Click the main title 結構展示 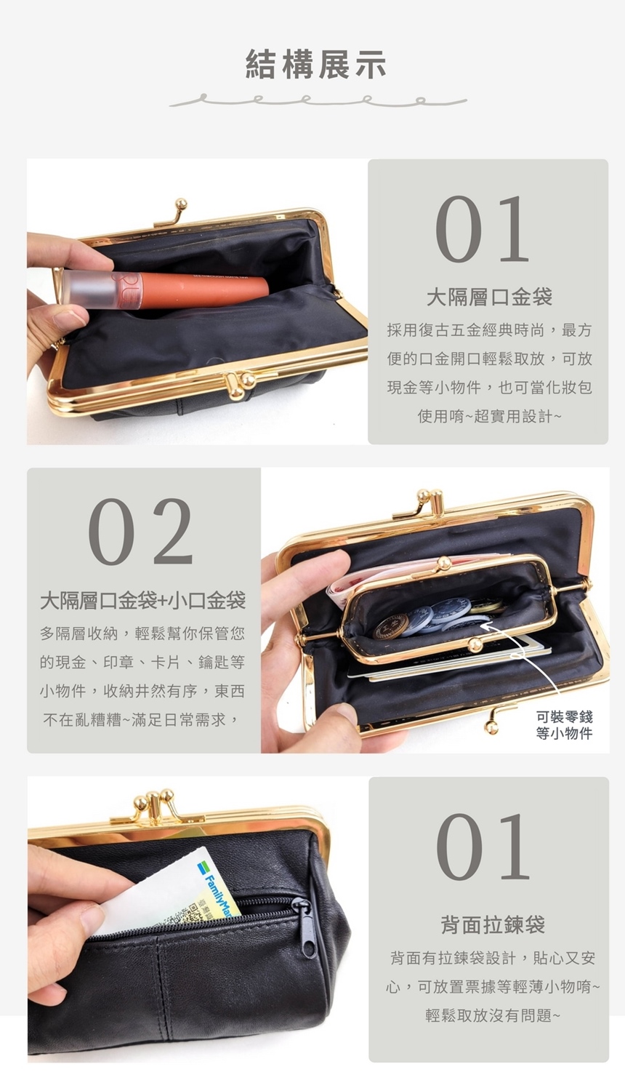[316, 64]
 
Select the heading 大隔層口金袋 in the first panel [489, 297]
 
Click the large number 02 [141, 532]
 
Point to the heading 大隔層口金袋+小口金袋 [142, 601]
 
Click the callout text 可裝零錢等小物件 [564, 725]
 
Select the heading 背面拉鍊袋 [493, 924]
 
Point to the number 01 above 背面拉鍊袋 [483, 847]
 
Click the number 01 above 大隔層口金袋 [483, 230]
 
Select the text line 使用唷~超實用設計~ [489, 416]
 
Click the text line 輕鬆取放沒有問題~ [493, 1015]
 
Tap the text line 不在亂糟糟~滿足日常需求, [142, 720]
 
